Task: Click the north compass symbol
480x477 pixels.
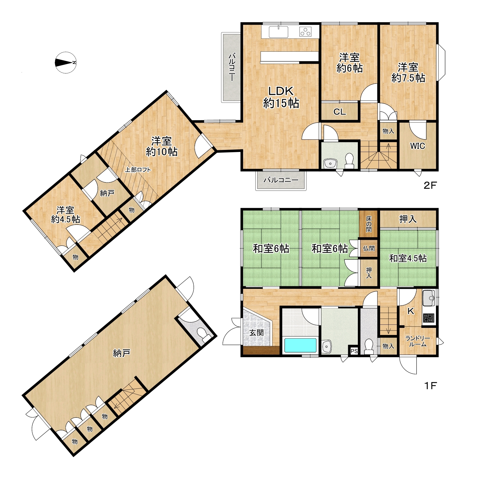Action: pyautogui.click(x=66, y=62)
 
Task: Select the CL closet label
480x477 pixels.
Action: pyautogui.click(x=339, y=112)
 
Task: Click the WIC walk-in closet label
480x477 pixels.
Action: pyautogui.click(x=417, y=146)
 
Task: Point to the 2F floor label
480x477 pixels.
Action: pyautogui.click(x=430, y=185)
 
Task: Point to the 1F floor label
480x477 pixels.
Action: pyautogui.click(x=430, y=386)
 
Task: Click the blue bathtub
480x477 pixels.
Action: pyautogui.click(x=300, y=345)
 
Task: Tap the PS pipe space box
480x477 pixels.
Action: pyautogui.click(x=354, y=351)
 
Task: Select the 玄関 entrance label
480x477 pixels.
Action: pyautogui.click(x=256, y=333)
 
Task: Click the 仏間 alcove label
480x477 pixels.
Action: pyautogui.click(x=369, y=248)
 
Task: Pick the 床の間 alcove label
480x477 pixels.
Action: pyautogui.click(x=369, y=224)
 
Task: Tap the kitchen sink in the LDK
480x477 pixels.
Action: pyautogui.click(x=278, y=32)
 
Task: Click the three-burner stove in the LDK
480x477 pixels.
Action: pyautogui.click(x=305, y=32)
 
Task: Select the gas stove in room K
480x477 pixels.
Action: pyautogui.click(x=428, y=318)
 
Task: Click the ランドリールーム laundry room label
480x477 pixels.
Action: pyautogui.click(x=417, y=341)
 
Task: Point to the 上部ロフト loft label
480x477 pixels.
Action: pyautogui.click(x=138, y=170)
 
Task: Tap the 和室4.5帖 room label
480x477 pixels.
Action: pyautogui.click(x=408, y=258)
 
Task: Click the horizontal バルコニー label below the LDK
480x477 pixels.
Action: pyautogui.click(x=281, y=180)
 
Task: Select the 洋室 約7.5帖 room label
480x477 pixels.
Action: pyautogui.click(x=408, y=73)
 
